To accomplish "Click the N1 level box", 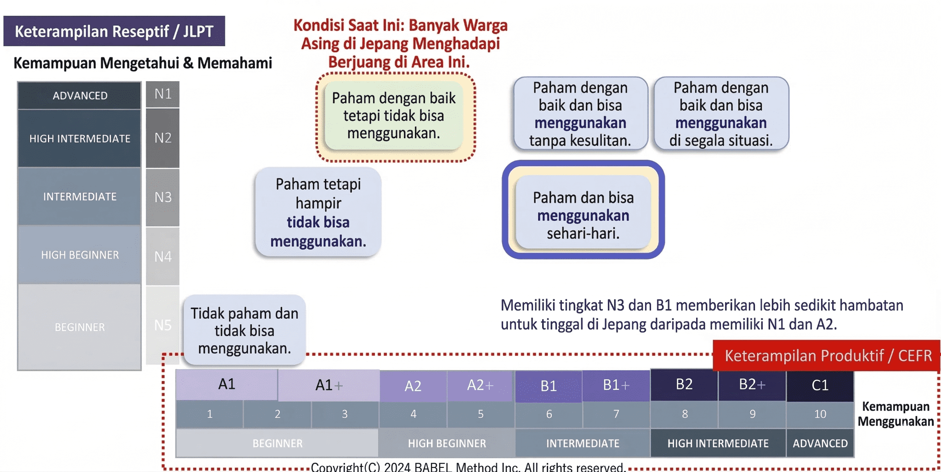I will (x=163, y=94).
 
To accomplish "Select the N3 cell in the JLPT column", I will (x=163, y=197).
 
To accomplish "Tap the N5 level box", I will (x=163, y=325).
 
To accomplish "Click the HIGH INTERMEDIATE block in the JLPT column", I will (x=79, y=138).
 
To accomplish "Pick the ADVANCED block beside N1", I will (x=79, y=96).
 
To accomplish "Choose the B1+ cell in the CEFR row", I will (x=616, y=385).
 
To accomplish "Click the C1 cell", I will (x=820, y=385).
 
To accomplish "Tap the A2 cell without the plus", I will (x=413, y=386).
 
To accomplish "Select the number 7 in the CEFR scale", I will (x=616, y=414).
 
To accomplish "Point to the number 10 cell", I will (x=820, y=414).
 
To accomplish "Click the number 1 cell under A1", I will (x=210, y=414).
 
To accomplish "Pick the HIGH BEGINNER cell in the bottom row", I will (x=447, y=443).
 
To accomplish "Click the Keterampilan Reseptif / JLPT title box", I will (x=114, y=31).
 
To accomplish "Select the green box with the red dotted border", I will (x=394, y=116).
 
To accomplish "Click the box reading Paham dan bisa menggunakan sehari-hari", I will (x=583, y=215).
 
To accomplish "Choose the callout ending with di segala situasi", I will (x=721, y=114).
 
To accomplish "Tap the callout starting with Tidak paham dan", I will (x=244, y=331).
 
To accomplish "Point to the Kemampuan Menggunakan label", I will (x=896, y=414).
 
